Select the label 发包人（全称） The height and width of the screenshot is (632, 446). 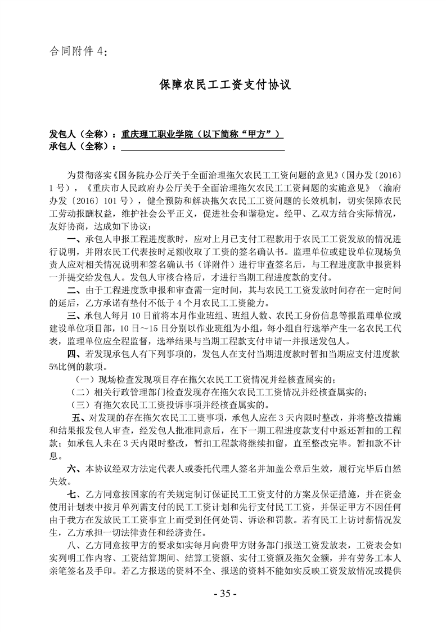coord(80,135)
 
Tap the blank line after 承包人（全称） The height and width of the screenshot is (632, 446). coord(203,147)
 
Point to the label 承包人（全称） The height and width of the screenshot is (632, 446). coord(80,147)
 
